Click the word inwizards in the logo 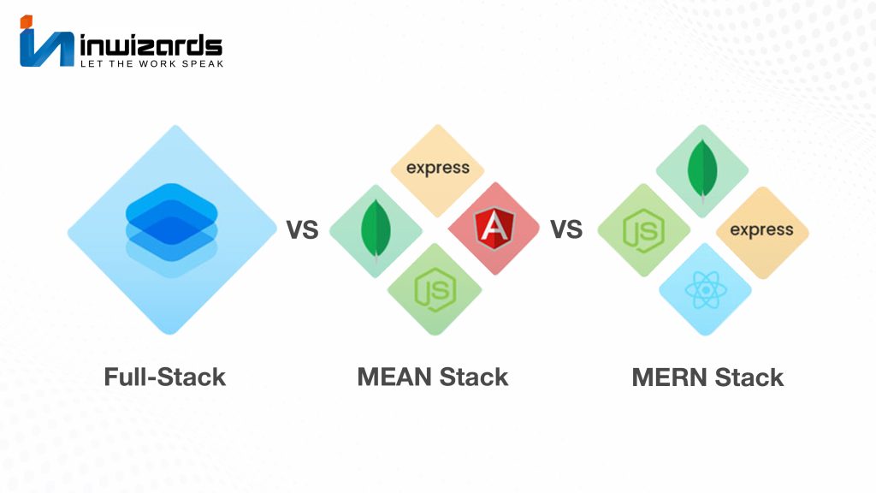coord(151,45)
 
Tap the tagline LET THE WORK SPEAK coord(151,63)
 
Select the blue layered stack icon coord(171,229)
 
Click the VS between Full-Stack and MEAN coord(302,229)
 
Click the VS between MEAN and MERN coord(566,229)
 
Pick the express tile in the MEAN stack coord(437,170)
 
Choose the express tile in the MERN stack coord(762,232)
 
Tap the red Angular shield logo coord(494,228)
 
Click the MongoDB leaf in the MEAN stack coord(376,230)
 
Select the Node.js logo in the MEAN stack coord(435,289)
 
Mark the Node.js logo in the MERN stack coord(643,230)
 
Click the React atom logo coord(706,290)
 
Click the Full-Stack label coord(165,377)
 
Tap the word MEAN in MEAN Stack coord(394,377)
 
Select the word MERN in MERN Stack coord(670,377)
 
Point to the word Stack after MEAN coord(474,377)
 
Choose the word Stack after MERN coord(749,377)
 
